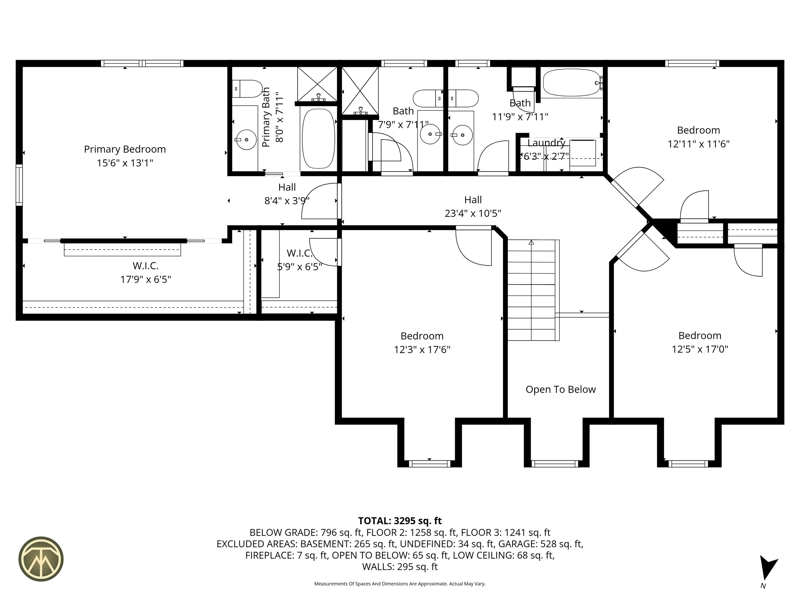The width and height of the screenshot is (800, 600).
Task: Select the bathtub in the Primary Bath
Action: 318,139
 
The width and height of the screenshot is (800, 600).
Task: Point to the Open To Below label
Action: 561,390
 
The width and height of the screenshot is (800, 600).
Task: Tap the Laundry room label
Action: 546,143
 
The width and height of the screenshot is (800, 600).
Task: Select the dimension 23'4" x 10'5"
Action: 473,213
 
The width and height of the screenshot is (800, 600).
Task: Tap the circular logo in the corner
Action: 41,559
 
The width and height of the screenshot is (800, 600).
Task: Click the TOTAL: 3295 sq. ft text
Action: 400,521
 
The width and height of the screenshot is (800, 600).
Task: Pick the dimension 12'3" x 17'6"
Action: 422,350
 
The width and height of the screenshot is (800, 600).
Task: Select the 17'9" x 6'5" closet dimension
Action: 146,280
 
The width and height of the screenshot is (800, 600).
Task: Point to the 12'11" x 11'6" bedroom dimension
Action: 698,144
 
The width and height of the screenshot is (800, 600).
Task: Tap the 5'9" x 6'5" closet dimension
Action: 299,267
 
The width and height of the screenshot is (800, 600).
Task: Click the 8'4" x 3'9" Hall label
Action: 287,194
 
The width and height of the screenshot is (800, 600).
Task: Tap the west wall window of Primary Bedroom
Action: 19,185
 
